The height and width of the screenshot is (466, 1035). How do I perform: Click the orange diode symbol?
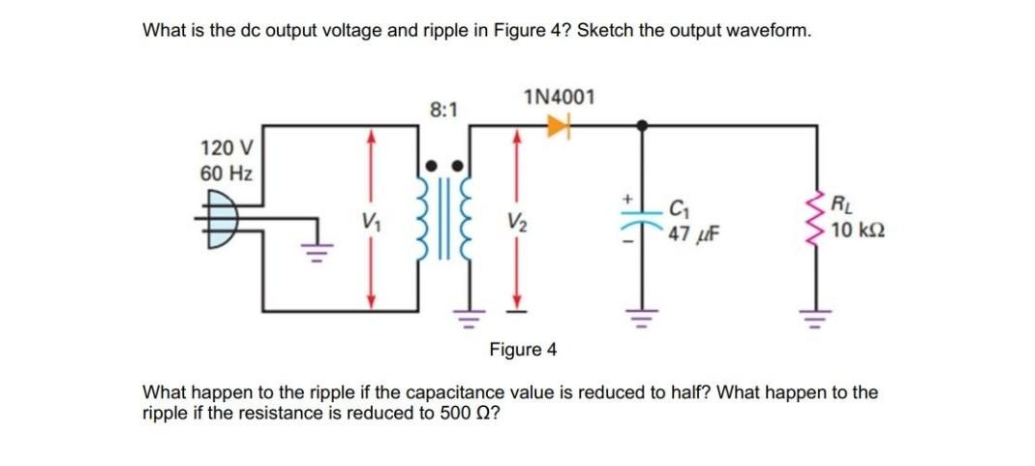pos(559,124)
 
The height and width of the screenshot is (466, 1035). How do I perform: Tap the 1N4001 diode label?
pos(559,97)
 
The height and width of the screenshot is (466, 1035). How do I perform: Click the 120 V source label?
pos(226,148)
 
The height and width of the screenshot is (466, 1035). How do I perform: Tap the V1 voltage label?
pos(368,220)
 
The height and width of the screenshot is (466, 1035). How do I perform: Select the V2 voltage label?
pos(516,220)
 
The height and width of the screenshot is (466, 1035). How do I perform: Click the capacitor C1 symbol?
pos(641,220)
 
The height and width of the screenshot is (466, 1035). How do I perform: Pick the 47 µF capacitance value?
pos(688,234)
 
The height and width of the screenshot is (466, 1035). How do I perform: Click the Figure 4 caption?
pos(523,349)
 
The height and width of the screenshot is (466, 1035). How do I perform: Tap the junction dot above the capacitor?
pos(641,125)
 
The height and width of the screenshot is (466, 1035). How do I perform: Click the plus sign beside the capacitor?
pos(626,199)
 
